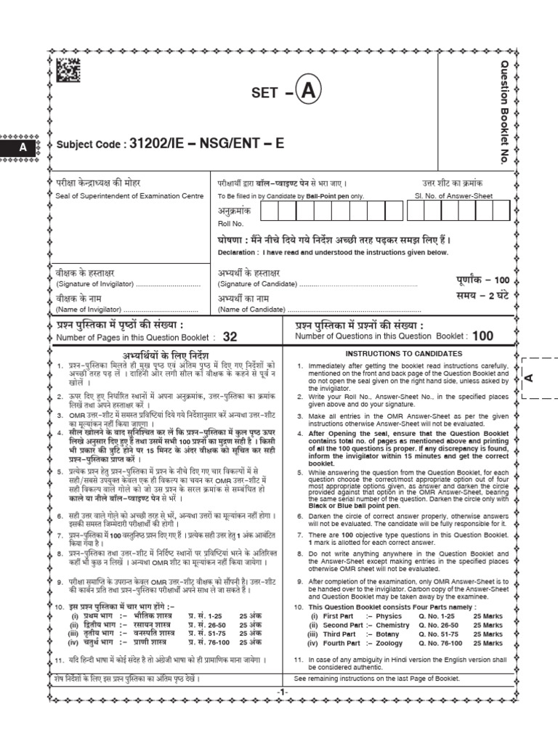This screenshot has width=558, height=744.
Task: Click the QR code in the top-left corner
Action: click(x=68, y=70)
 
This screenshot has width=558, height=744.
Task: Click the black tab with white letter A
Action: click(x=23, y=147)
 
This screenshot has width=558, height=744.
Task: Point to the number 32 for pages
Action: click(x=230, y=336)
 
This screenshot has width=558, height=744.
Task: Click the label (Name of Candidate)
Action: click(x=247, y=310)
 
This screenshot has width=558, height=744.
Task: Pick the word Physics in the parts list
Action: click(x=388, y=615)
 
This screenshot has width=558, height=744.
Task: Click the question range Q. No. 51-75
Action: click(x=442, y=634)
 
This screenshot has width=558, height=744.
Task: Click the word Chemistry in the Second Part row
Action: click(x=393, y=625)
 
